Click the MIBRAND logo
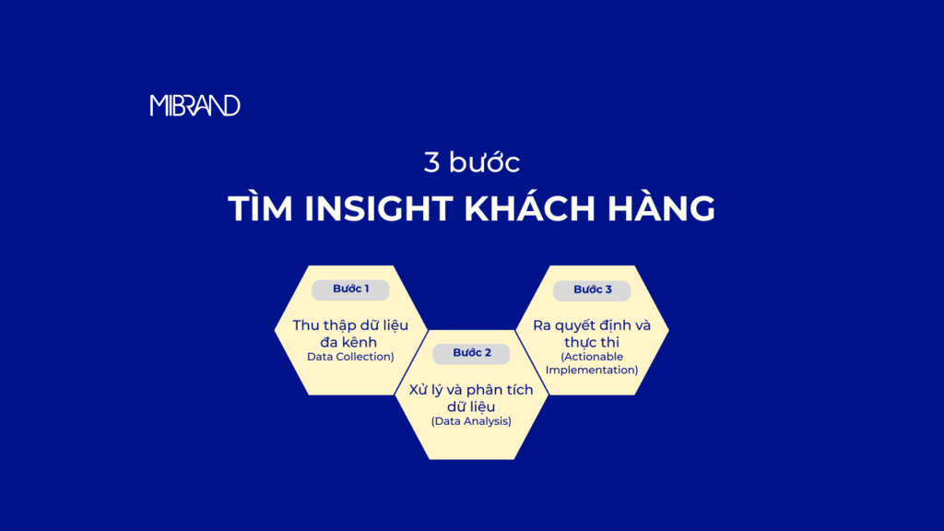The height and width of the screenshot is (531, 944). click(x=195, y=105)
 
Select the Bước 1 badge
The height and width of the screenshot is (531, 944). click(x=350, y=289)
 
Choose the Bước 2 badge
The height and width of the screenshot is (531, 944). click(x=472, y=353)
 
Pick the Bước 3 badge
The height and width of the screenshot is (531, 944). click(x=592, y=289)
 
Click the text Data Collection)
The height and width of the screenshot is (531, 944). click(x=350, y=357)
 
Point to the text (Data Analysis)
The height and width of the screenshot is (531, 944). click(x=471, y=421)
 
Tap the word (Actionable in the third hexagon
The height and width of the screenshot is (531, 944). click(x=592, y=357)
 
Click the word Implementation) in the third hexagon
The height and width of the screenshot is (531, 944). click(x=592, y=370)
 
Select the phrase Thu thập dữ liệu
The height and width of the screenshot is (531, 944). click(x=350, y=325)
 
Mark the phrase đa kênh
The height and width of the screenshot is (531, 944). click(x=350, y=342)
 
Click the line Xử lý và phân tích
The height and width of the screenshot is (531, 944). click(x=471, y=390)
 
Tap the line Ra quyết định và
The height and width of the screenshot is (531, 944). click(x=592, y=325)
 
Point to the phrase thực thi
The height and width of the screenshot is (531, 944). click(x=592, y=342)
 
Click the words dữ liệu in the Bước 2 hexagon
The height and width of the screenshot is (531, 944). click(x=471, y=407)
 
